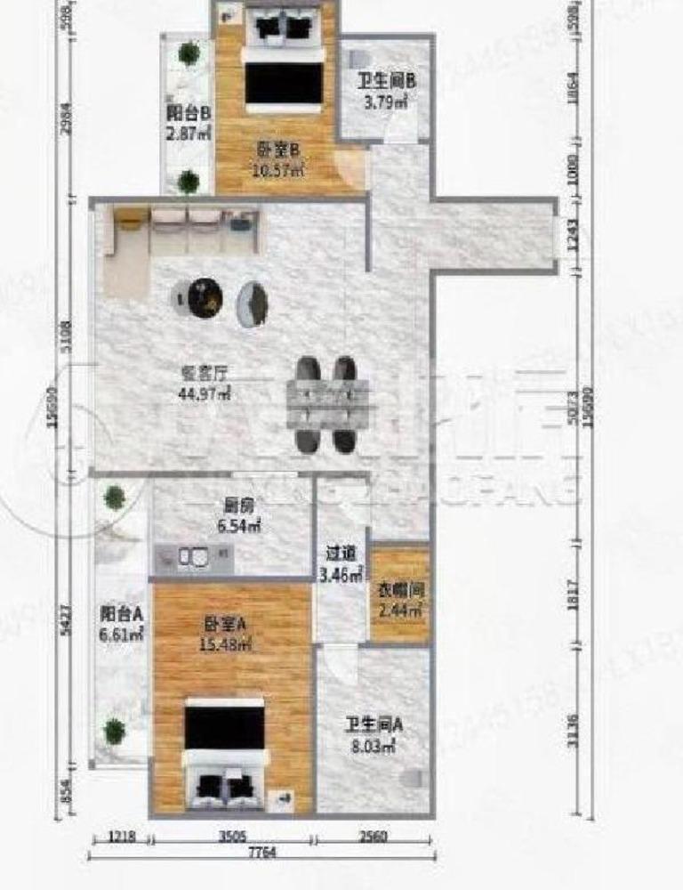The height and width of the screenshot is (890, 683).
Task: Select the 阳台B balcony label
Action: pyautogui.click(x=189, y=124)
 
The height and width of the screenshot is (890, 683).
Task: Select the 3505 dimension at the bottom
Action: pyautogui.click(x=232, y=836)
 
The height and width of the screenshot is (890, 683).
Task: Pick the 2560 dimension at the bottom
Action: pyautogui.click(x=373, y=836)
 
